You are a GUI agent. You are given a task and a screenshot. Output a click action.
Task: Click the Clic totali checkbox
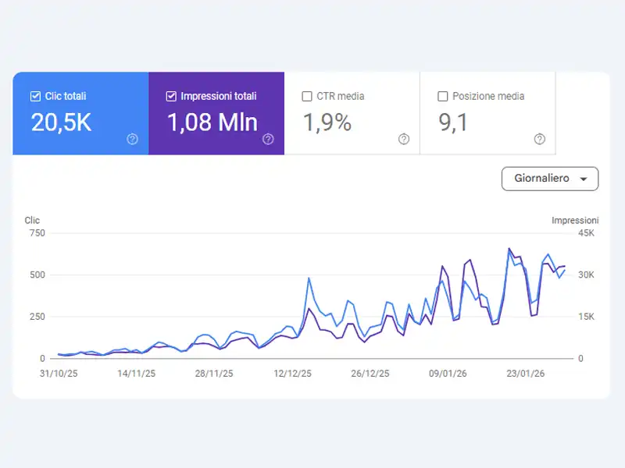[35, 97]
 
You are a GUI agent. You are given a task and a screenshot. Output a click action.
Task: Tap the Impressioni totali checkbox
[171, 97]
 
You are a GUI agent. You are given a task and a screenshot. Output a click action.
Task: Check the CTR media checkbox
[307, 97]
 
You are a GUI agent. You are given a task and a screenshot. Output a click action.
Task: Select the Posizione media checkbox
[443, 97]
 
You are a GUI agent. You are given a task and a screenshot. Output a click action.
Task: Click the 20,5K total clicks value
[61, 122]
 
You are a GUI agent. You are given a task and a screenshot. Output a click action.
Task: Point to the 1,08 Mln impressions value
[212, 122]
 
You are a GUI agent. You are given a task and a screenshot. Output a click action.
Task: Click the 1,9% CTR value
[327, 122]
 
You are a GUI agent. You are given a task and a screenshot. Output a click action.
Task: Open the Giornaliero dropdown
[550, 179]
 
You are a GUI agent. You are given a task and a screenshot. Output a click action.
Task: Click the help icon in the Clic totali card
[132, 139]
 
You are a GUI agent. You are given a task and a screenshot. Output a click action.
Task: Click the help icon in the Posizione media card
[540, 139]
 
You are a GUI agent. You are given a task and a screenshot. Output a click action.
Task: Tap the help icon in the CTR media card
[404, 139]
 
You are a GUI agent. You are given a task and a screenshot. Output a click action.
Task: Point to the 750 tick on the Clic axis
[37, 233]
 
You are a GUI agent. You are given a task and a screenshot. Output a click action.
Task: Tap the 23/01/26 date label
[526, 374]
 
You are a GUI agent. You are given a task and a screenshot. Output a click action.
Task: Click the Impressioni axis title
[575, 221]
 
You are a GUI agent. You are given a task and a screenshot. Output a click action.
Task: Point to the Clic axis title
[32, 221]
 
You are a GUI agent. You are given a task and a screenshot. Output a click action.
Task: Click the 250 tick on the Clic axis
[37, 317]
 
